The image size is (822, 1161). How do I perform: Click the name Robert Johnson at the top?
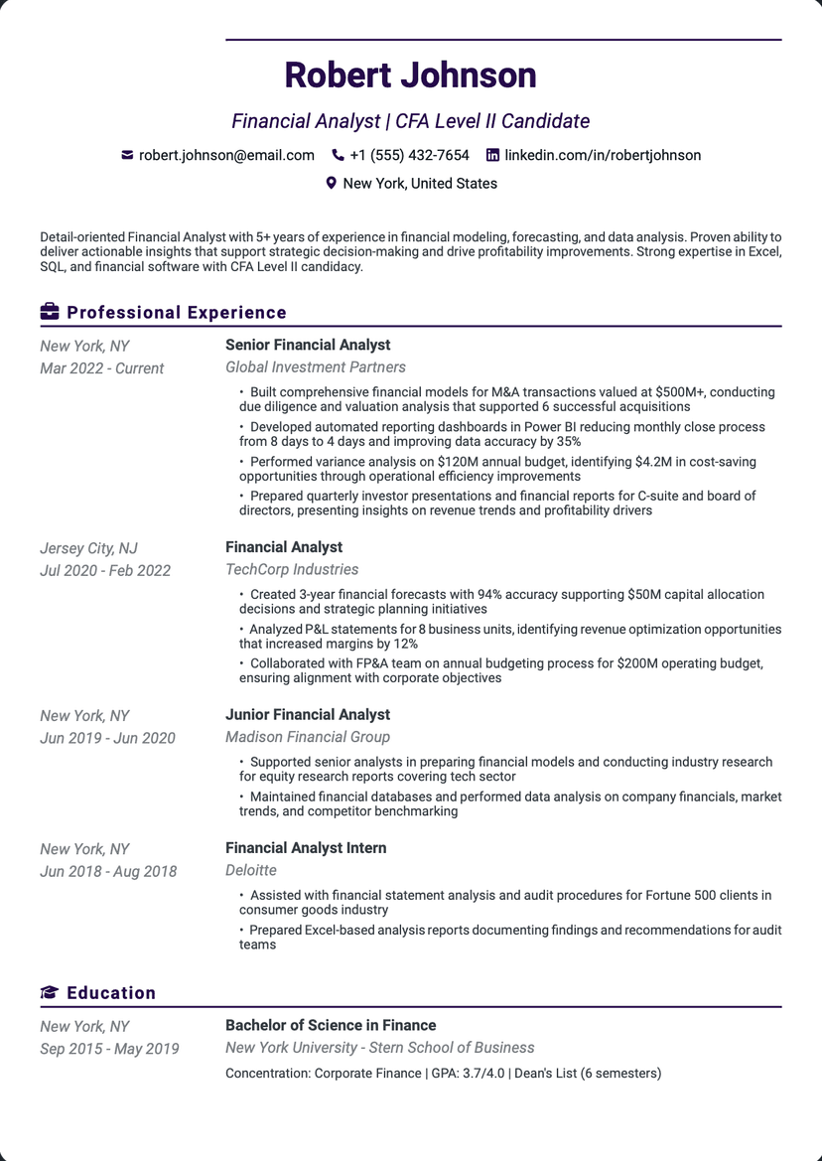410,75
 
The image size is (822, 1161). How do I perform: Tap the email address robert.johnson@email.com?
226,155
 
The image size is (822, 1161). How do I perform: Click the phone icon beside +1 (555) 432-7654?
338,155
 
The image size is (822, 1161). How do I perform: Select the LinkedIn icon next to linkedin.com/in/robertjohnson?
492,155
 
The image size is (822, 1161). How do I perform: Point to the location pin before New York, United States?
332,183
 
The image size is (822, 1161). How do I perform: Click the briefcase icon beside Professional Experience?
50,313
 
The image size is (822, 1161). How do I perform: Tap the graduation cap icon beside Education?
50,993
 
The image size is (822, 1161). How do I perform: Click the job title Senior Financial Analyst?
308,345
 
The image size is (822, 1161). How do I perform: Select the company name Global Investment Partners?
316,367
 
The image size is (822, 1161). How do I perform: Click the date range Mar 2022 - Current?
102,368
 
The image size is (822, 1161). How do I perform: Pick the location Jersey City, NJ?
88,548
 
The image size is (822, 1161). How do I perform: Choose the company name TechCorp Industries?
292,570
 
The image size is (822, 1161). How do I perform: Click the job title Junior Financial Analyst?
308,714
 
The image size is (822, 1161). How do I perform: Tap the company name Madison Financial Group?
308,737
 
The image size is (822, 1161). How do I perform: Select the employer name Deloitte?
251,870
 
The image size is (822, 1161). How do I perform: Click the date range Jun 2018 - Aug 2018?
108,872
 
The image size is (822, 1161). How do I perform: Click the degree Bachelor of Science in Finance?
331,1025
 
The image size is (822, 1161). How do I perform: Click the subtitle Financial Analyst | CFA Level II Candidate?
410,121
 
